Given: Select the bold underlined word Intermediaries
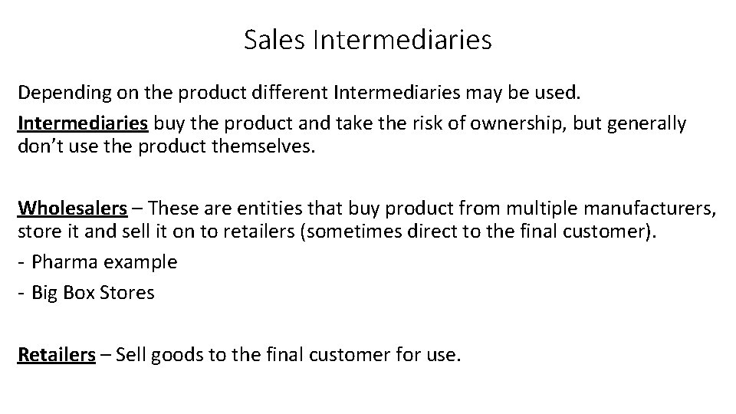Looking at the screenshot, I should tap(83, 123).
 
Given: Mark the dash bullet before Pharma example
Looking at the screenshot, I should tap(21, 262).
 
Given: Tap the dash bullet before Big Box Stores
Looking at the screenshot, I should tap(21, 293).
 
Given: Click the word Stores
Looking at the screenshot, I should tap(127, 292).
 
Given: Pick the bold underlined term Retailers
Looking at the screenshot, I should tap(57, 355).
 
